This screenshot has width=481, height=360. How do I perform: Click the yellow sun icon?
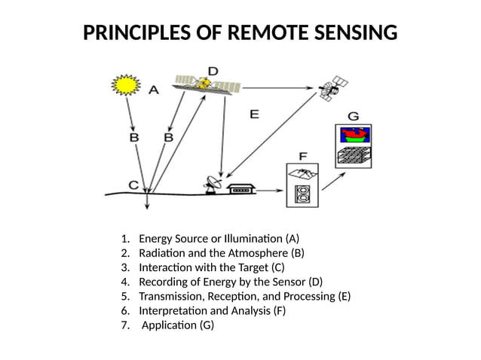pos(125,85)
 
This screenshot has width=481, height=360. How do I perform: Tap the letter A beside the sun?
pos(154,90)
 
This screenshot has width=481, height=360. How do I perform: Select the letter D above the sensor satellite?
pos(213,71)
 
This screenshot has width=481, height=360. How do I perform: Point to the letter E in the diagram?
pos(254,114)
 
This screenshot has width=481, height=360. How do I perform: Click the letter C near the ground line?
pos(133,184)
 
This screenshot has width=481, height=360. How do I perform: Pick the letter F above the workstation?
pos(302,156)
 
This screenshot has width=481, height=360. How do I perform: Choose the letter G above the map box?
pos(352,116)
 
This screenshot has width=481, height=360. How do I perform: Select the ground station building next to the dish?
pos(241,189)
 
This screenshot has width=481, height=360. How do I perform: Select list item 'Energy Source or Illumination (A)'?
pos(219,239)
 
